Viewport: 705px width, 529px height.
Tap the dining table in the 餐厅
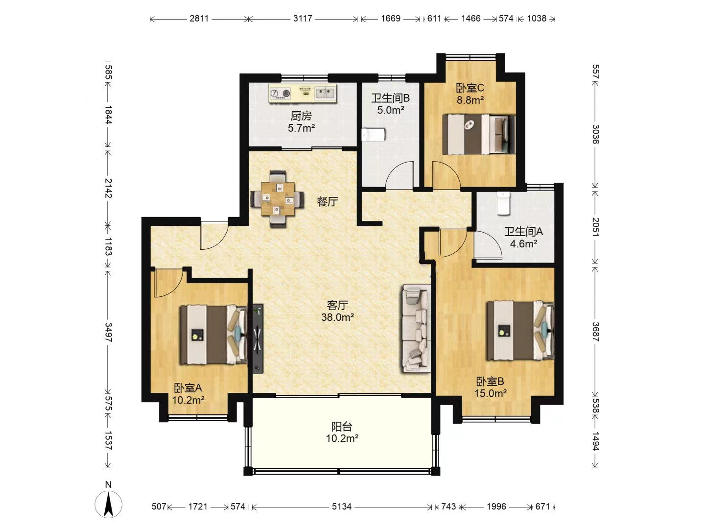click(x=278, y=199)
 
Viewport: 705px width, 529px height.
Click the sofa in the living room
click(x=416, y=328)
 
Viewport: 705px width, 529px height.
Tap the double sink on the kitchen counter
click(x=325, y=94)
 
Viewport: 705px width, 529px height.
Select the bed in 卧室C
click(x=478, y=134)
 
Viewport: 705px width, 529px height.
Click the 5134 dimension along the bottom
click(x=341, y=506)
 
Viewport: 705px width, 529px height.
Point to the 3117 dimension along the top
click(x=302, y=18)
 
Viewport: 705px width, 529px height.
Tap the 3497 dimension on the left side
click(x=108, y=332)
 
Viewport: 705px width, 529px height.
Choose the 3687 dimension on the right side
click(x=595, y=332)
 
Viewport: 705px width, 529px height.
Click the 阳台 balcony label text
click(x=342, y=427)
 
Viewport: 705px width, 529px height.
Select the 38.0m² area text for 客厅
click(x=337, y=317)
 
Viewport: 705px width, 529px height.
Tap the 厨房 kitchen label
click(x=301, y=115)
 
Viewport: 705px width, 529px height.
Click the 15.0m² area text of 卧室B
click(x=491, y=393)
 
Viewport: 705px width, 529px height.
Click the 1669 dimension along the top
click(x=391, y=18)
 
